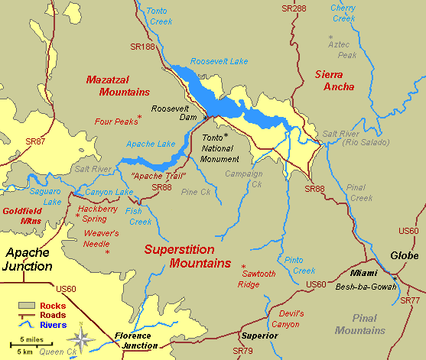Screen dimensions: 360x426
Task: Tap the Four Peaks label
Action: (115, 121)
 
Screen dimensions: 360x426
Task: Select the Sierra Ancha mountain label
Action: (334, 80)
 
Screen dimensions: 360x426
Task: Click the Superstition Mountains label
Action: (187, 256)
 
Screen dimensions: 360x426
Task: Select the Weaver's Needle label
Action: (101, 238)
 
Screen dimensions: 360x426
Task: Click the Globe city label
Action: (404, 256)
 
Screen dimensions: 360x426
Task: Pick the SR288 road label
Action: (293, 8)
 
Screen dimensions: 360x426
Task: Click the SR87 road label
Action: (35, 141)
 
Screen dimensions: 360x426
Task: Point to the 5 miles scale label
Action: (27, 340)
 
